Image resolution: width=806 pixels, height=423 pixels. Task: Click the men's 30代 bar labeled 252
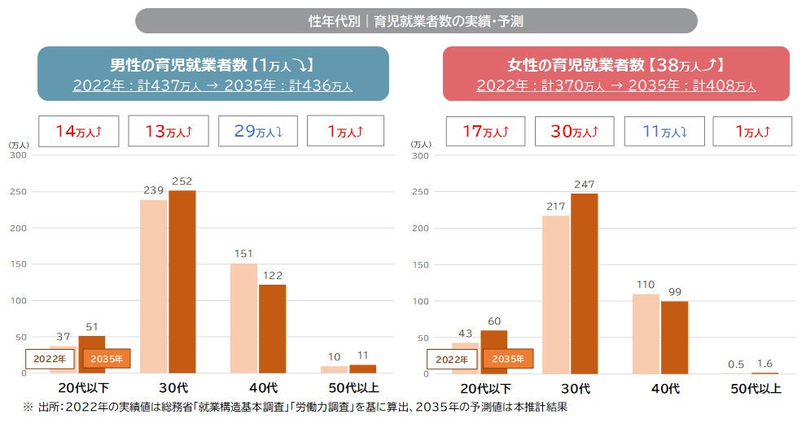(x=182, y=281)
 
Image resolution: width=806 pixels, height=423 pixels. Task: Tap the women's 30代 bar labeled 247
(x=585, y=283)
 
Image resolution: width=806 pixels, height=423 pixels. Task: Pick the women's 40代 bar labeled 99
(x=674, y=337)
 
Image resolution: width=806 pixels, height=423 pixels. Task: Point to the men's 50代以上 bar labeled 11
(x=362, y=368)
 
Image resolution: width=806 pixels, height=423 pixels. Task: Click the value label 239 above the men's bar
(x=153, y=190)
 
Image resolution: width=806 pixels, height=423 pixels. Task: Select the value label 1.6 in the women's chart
(x=764, y=363)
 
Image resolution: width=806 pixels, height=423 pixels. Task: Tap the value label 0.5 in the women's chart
(x=736, y=363)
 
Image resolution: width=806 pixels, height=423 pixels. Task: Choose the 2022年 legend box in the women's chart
(x=450, y=359)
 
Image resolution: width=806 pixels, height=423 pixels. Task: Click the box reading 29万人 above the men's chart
(x=257, y=130)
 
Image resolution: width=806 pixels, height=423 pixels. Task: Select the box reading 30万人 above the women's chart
(x=574, y=130)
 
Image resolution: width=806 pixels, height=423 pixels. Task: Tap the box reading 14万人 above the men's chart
(x=79, y=130)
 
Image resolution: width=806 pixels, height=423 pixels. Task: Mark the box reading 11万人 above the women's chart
(x=663, y=130)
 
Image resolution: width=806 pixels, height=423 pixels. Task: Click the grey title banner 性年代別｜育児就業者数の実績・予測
(x=415, y=21)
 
